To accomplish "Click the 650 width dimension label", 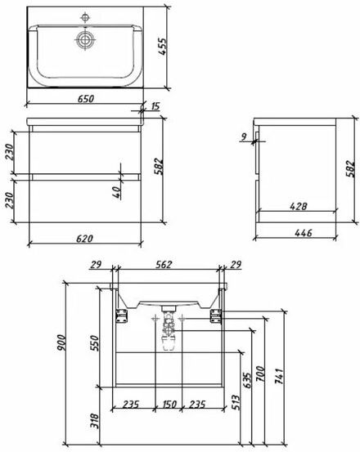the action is [x=86, y=99].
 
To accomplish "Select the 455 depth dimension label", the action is [x=163, y=47].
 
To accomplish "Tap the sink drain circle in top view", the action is [x=85, y=39].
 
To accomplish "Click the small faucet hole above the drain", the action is [x=85, y=18].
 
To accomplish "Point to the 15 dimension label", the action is [x=155, y=106].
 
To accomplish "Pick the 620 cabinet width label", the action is [x=84, y=239].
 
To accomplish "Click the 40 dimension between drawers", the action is [x=116, y=192].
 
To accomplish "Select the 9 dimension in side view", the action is [x=244, y=136].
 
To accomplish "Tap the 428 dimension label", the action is [x=299, y=207].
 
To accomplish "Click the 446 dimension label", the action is [x=304, y=232].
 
